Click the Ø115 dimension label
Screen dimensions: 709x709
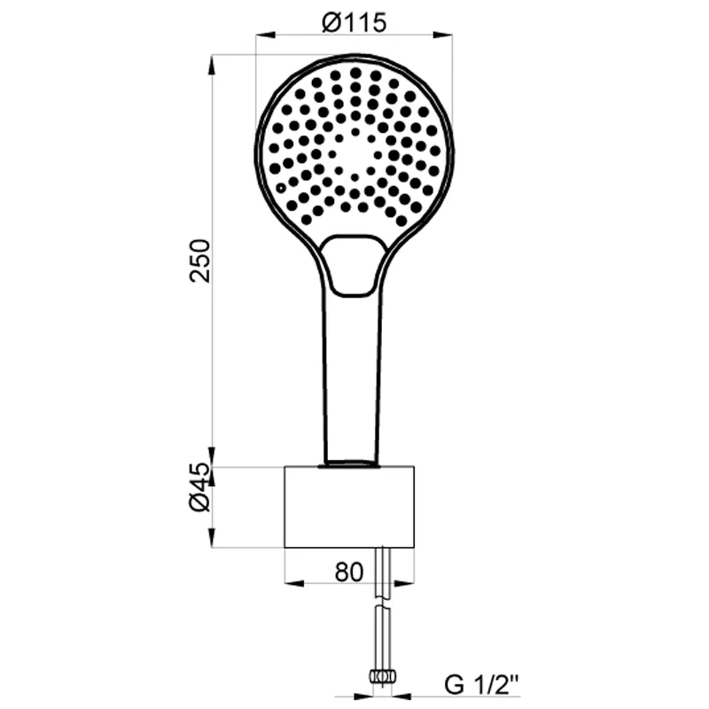[354, 22]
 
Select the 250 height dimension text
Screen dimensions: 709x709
[200, 261]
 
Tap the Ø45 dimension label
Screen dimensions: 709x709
[200, 487]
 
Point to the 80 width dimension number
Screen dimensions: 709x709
[348, 572]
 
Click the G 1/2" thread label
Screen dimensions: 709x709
[482, 685]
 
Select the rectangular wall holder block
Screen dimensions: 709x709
[349, 507]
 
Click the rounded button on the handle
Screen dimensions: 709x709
[354, 265]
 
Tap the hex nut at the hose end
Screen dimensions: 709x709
[383, 677]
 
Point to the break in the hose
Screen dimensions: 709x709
[383, 604]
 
